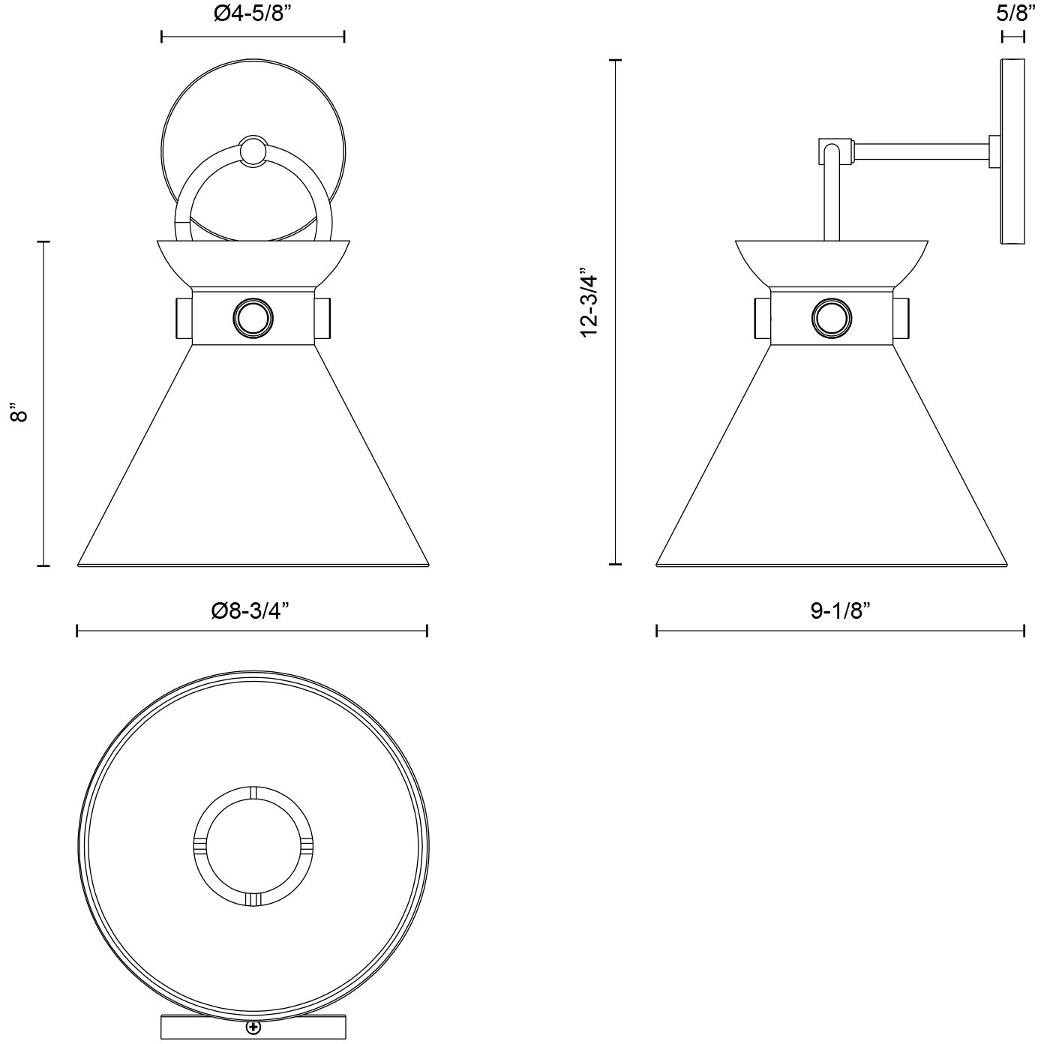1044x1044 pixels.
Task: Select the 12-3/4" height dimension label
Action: pos(589,302)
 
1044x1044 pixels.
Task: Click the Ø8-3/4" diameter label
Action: pos(250,610)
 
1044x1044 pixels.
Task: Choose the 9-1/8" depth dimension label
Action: pos(840,610)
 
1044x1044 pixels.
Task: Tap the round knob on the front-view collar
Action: pos(253,317)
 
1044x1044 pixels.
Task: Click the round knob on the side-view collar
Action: pos(832,318)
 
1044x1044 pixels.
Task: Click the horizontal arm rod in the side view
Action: pos(922,151)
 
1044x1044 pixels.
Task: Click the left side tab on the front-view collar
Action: pos(184,317)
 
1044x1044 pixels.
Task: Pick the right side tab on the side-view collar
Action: pos(901,318)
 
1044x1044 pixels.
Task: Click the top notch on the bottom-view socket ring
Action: pos(253,793)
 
